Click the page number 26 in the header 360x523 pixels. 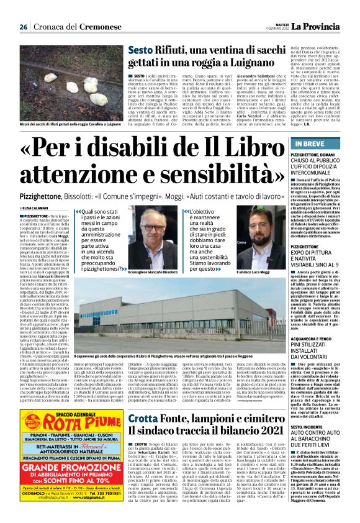(x=23, y=27)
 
